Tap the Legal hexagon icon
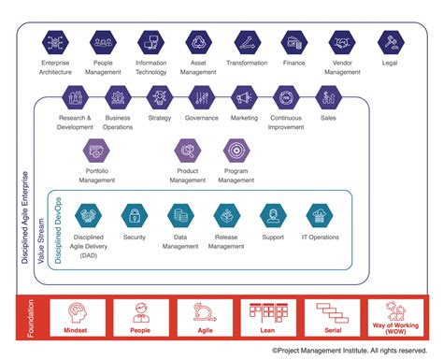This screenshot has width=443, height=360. [390, 42]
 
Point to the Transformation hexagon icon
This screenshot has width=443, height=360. [247, 42]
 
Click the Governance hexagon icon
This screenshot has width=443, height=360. [202, 97]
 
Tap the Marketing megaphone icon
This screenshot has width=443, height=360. [244, 97]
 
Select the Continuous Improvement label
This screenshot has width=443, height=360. [286, 123]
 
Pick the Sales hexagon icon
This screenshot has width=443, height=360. [328, 97]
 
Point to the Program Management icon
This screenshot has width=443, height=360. [235, 150]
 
